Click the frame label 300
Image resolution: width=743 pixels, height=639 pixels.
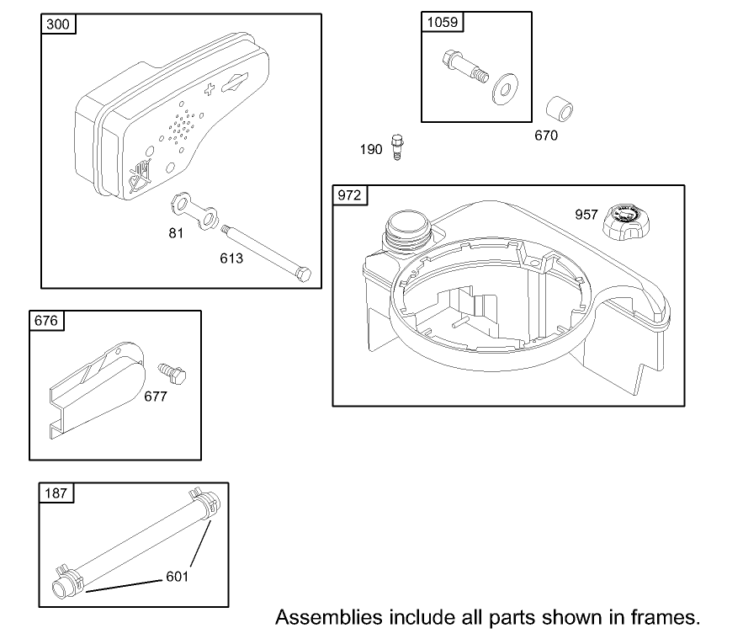tap(59, 24)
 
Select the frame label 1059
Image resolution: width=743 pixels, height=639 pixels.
tap(443, 22)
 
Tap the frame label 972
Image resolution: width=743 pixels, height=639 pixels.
tap(351, 196)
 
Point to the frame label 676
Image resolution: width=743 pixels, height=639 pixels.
tap(47, 321)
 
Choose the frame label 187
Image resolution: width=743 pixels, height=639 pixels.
tap(56, 493)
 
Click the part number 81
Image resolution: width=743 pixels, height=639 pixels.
tap(175, 233)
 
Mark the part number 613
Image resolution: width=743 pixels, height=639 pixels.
tap(231, 258)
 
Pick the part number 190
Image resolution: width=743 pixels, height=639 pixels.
tap(371, 149)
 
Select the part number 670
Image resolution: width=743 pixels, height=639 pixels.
tap(545, 135)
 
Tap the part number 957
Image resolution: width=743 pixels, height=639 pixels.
tap(586, 215)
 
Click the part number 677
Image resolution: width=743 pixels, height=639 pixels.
tap(154, 395)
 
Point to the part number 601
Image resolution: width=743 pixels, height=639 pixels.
tap(178, 577)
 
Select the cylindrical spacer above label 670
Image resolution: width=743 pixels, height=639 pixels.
tap(561, 110)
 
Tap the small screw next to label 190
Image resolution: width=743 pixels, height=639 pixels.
tap(397, 146)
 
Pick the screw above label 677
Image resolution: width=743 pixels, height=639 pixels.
tap(172, 372)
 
